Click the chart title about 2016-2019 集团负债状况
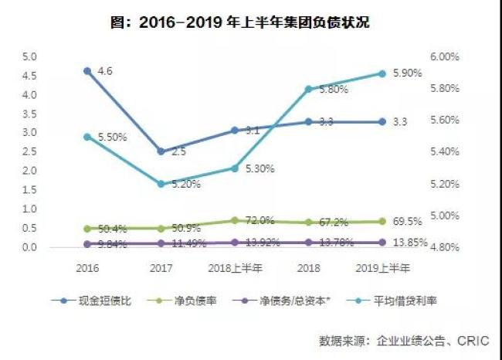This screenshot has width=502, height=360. pyautogui.click(x=250, y=22)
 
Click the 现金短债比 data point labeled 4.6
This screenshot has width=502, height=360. pyautogui.click(x=87, y=70)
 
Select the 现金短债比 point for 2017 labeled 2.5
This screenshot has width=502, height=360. pyautogui.click(x=161, y=151)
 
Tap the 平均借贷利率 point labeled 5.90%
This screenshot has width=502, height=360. pyautogui.click(x=382, y=73)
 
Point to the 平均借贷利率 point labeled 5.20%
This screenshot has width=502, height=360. pyautogui.click(x=161, y=184)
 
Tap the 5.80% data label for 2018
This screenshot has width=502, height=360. pyautogui.click(x=333, y=90)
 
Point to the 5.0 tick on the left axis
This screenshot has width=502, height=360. pyautogui.click(x=29, y=56)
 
